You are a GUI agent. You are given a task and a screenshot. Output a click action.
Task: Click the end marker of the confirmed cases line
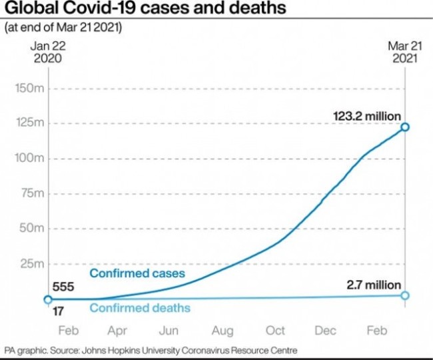404,127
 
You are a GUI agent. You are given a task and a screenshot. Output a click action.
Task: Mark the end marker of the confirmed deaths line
404,295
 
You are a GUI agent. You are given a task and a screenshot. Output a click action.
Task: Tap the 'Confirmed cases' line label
137,273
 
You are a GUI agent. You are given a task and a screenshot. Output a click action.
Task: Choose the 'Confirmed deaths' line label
140,308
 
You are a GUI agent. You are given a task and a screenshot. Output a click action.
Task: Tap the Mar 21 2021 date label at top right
404,52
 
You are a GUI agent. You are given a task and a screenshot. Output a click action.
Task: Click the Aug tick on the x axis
223,331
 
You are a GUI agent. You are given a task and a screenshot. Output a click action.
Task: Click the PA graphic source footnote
150,350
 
